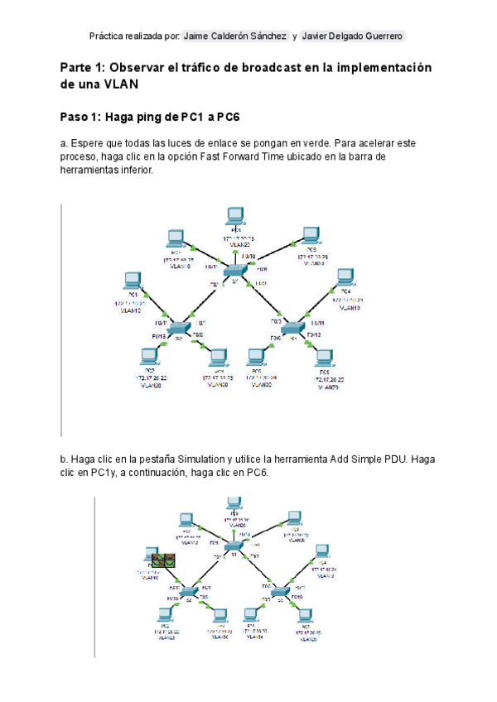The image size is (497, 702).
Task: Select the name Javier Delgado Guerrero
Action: coord(353,36)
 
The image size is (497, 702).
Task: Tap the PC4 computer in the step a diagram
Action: coord(345,277)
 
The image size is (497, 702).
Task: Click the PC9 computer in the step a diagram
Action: coord(311,235)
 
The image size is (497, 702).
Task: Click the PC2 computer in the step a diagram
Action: coord(149,357)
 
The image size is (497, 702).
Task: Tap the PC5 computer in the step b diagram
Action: coord(307,615)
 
